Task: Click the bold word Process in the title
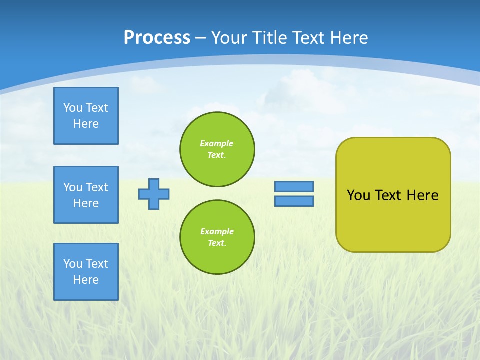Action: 157,38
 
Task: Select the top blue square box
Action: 86,116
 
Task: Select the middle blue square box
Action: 86,195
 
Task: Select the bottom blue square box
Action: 86,272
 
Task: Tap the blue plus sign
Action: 154,194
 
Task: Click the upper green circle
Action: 217,149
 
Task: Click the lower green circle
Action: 217,237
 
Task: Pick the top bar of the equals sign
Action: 294,186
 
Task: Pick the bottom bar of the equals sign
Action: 294,201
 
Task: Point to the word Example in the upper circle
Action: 216,143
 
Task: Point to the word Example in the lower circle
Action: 217,231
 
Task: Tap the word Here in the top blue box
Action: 86,124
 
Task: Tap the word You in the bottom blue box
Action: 73,264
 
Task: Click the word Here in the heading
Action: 348,38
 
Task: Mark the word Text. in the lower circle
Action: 217,243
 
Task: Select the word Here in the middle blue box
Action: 86,203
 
